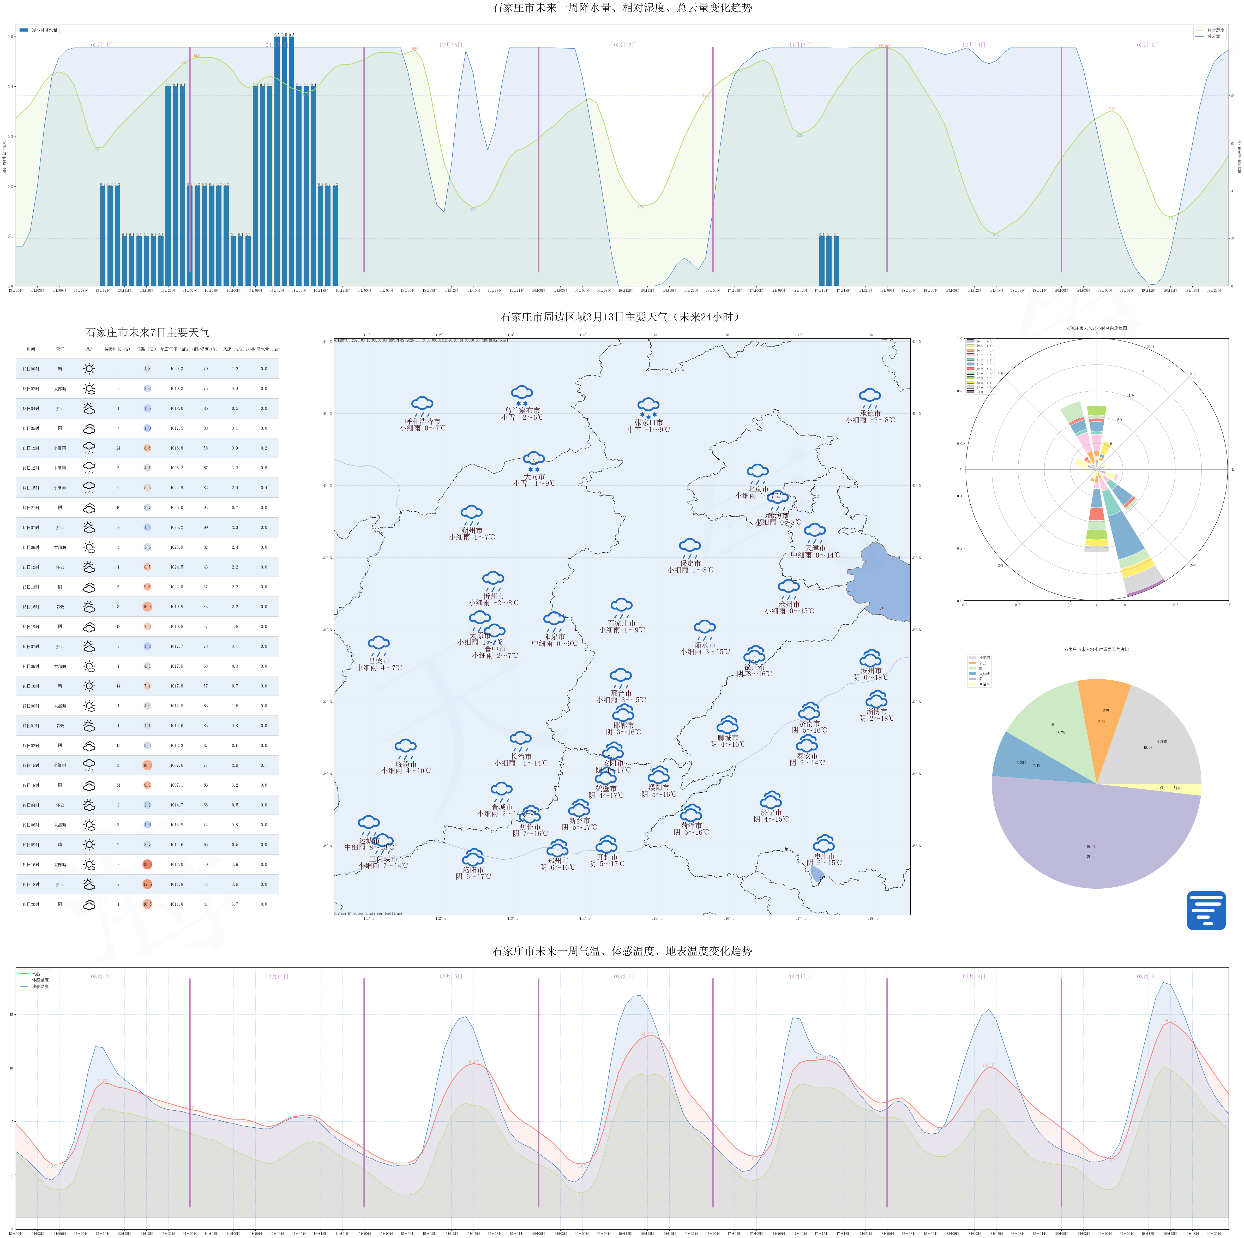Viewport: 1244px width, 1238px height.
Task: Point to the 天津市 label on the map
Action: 815,548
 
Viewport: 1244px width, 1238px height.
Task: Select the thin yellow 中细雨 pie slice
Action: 1172,788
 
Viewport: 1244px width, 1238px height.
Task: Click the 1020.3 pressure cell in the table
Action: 176,369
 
